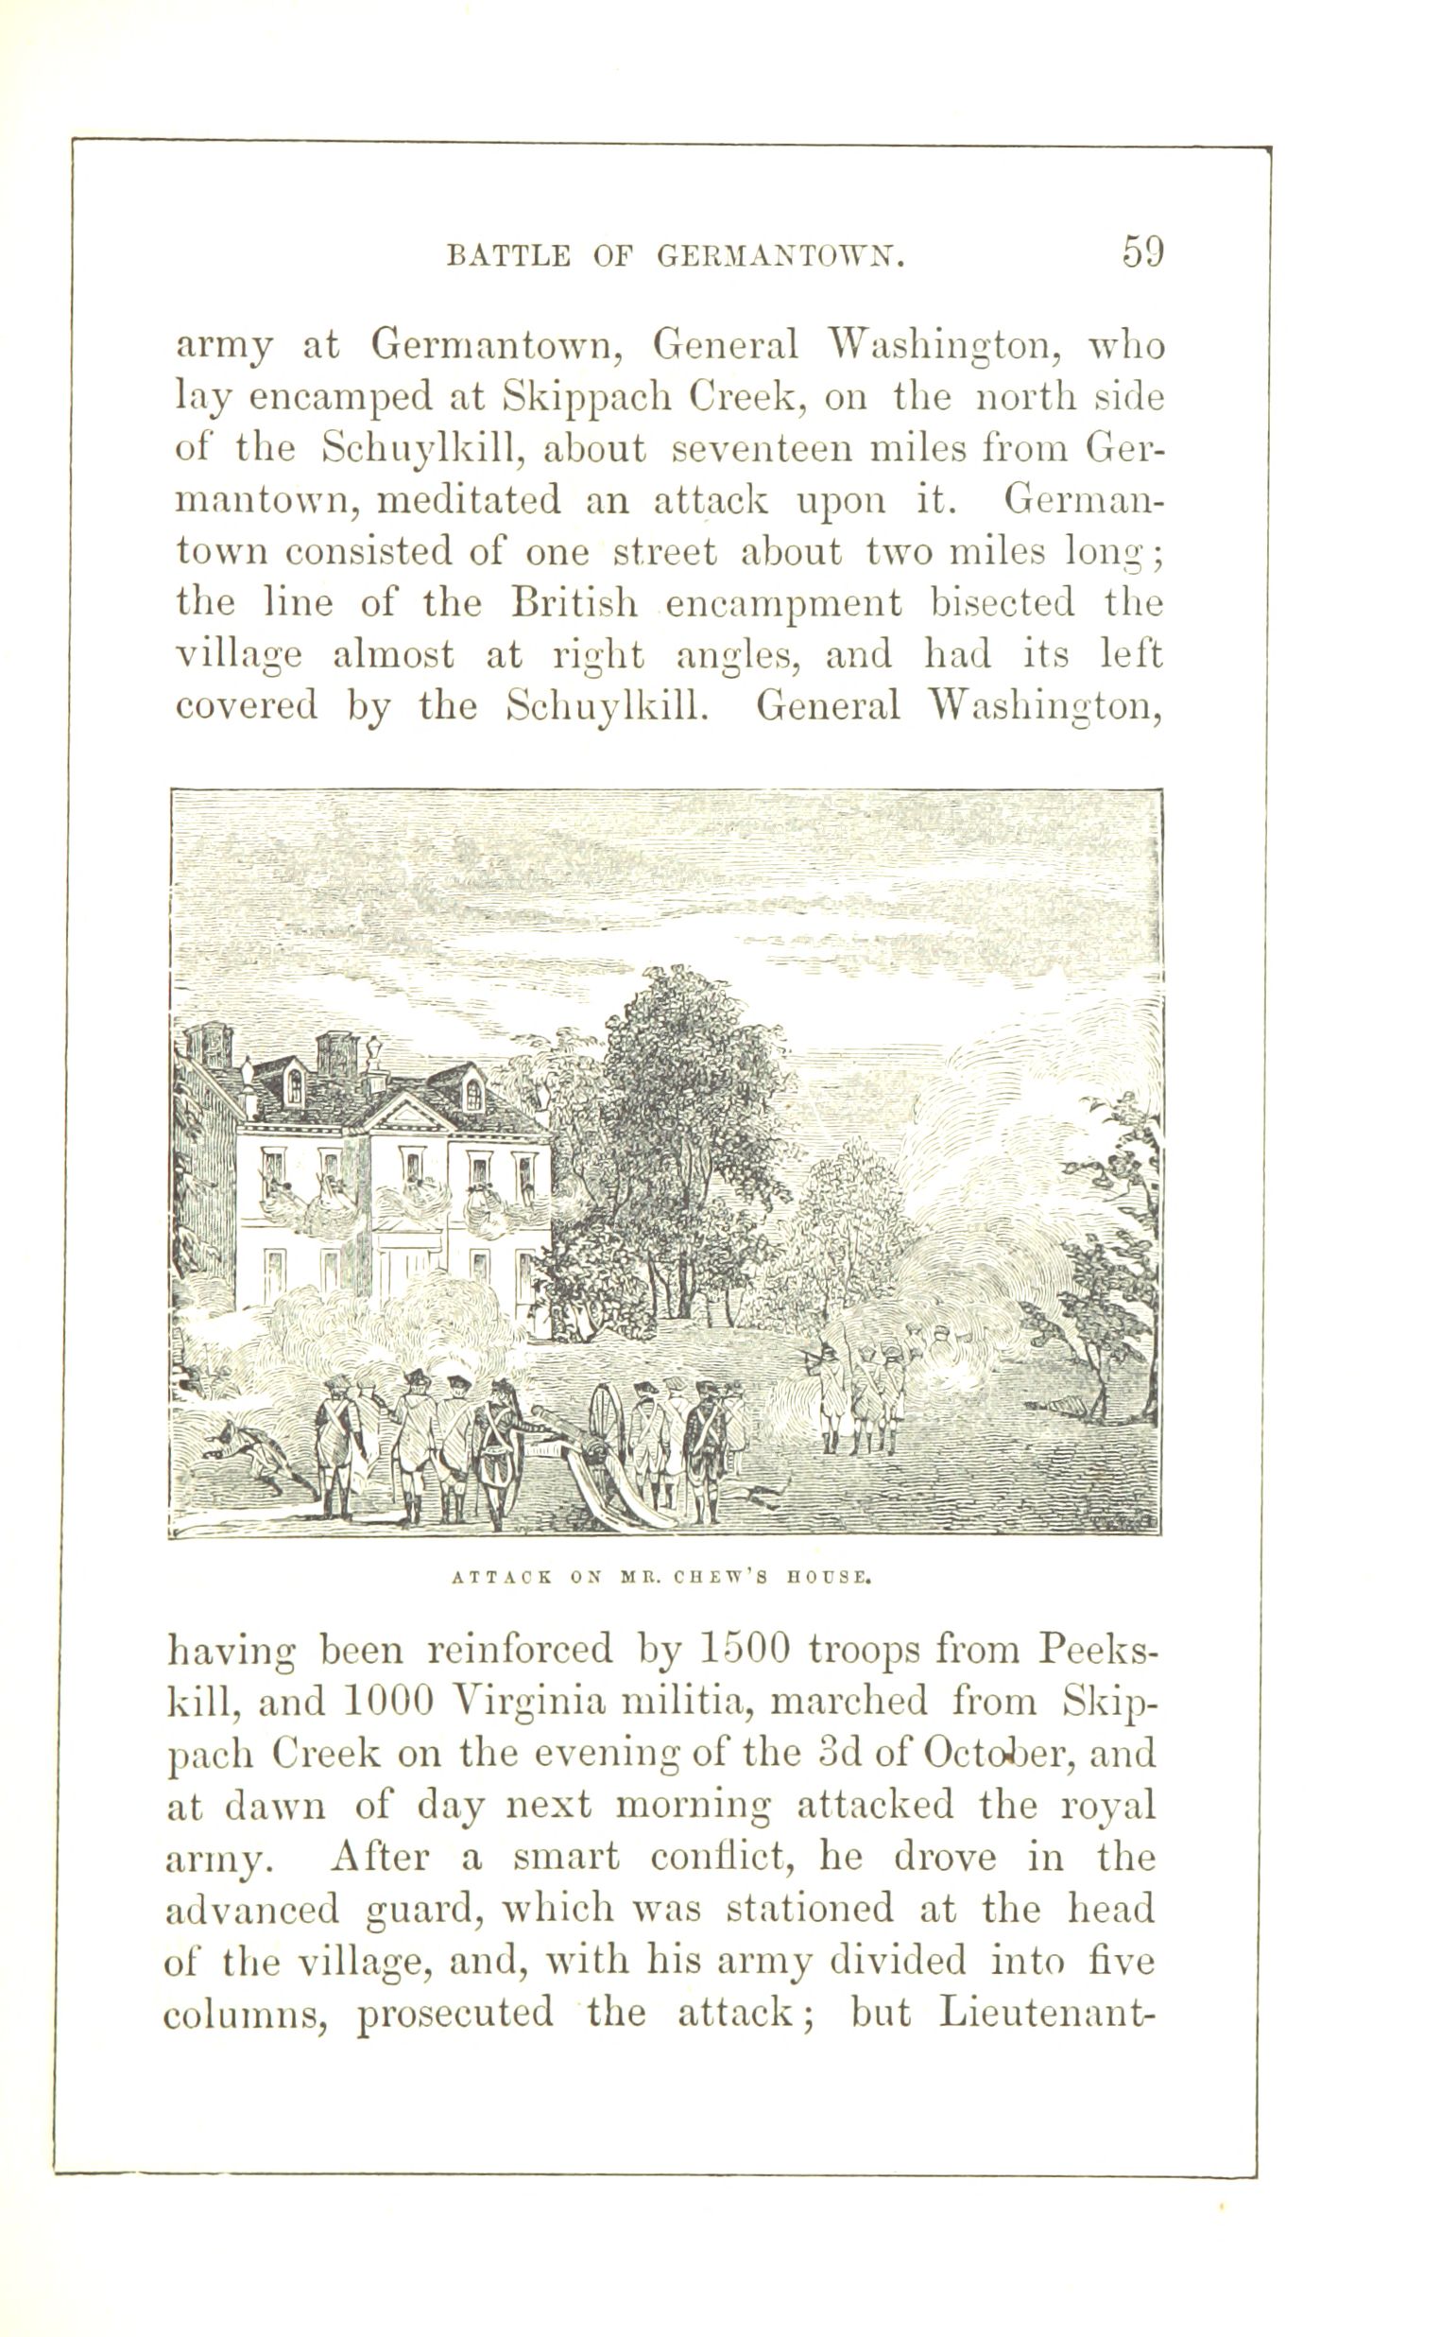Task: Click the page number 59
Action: coord(1142,252)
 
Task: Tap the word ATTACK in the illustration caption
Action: coord(501,1577)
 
